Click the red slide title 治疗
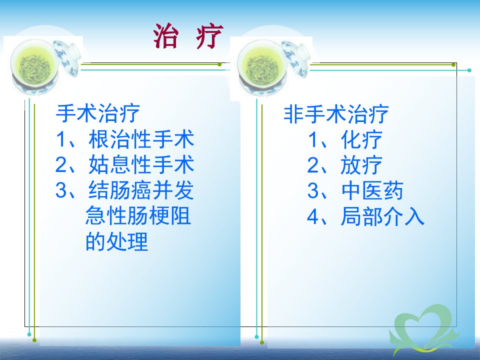point(188,36)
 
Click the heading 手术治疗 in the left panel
point(97,113)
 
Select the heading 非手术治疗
point(336,114)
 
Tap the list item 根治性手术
point(141,139)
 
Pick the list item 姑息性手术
point(141,164)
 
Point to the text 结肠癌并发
point(141,190)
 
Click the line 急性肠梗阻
point(138,215)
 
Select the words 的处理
point(116,241)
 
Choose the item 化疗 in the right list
point(361,140)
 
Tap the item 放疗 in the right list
point(361,165)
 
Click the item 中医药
point(372,190)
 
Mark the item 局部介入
point(382,216)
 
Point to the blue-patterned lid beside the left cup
point(67,57)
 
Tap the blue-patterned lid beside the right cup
point(296,58)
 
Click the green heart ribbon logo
point(424,329)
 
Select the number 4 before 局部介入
point(313,216)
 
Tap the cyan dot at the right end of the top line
point(469,70)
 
